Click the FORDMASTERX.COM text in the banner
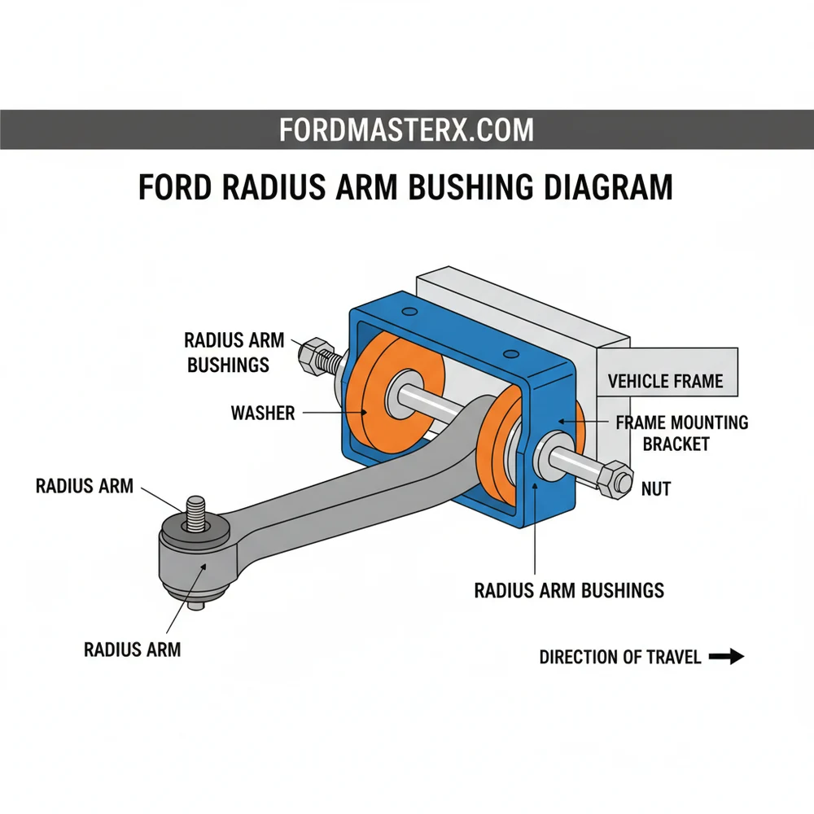pyautogui.click(x=406, y=129)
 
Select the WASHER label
pyautogui.click(x=262, y=414)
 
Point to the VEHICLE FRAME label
pyautogui.click(x=666, y=381)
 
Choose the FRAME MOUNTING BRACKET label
pyautogui.click(x=682, y=433)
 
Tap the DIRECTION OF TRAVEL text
pyautogui.click(x=620, y=657)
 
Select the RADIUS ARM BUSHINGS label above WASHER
pyautogui.click(x=234, y=352)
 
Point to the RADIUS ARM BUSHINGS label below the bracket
pyautogui.click(x=569, y=590)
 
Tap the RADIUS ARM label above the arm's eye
pyautogui.click(x=84, y=486)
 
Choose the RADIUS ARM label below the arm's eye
pyautogui.click(x=132, y=649)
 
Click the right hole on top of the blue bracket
pyautogui.click(x=511, y=353)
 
